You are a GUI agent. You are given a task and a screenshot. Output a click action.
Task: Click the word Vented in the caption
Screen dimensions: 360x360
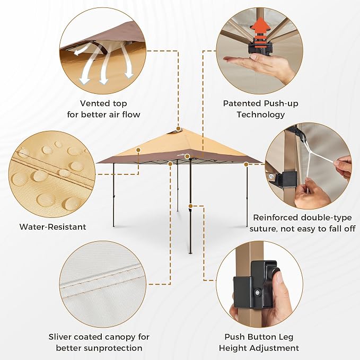point(94,103)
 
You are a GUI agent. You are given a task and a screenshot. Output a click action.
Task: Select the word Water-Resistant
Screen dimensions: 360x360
point(53,227)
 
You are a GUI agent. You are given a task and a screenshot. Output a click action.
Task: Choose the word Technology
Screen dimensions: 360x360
point(260,115)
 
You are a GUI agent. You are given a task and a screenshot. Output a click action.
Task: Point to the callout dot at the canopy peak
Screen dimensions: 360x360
point(178,129)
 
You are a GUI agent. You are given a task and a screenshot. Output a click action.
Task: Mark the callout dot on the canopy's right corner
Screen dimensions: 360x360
point(246,164)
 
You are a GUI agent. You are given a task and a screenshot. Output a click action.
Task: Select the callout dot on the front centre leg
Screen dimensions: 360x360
point(190,206)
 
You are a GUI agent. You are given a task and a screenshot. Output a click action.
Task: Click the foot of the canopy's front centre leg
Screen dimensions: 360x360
point(190,253)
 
